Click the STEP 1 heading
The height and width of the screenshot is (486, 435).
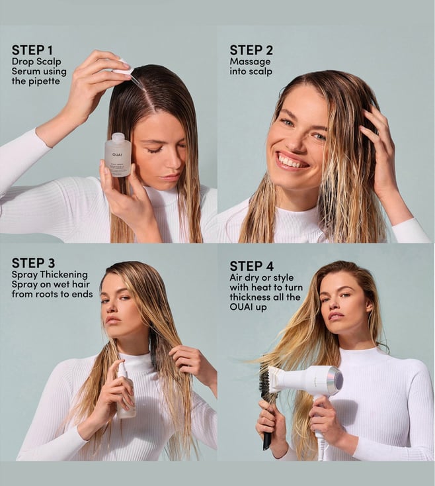[x=32, y=50]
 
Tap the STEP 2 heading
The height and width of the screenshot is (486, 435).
[x=251, y=50]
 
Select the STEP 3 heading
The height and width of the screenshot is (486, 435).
[x=34, y=263]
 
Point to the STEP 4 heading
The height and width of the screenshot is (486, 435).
[x=252, y=266]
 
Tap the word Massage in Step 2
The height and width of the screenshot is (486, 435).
[x=250, y=62]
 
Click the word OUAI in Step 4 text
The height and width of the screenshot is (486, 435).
[x=241, y=307]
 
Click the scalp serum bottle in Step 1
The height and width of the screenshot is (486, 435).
[x=118, y=155]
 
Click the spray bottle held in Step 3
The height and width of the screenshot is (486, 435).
[x=126, y=390]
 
